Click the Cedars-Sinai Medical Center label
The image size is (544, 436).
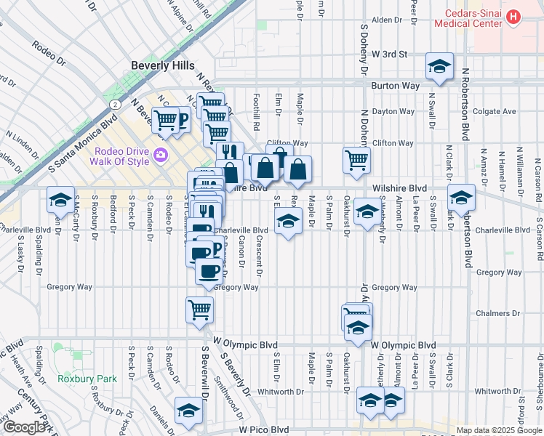click(468, 17)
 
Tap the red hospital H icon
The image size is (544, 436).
click(513, 16)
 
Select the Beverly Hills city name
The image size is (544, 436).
click(162, 65)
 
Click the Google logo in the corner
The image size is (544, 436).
click(24, 427)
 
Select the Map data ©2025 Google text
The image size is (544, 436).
click(498, 430)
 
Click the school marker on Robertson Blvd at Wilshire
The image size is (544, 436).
click(461, 197)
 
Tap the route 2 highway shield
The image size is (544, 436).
click(115, 105)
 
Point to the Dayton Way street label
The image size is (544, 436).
click(393, 112)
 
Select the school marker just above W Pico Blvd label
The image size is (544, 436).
click(188, 410)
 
